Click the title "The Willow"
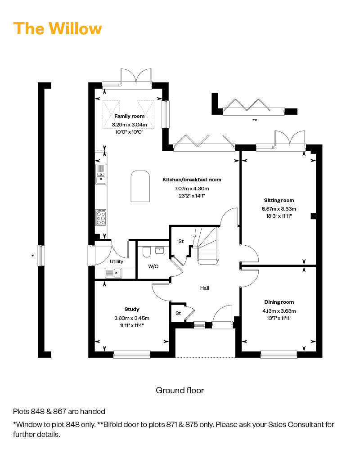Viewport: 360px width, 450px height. (58, 28)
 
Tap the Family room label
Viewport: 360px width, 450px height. (129, 116)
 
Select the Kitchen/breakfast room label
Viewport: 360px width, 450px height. (192, 180)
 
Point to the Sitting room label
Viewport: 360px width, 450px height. (279, 200)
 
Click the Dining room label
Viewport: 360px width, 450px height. (279, 302)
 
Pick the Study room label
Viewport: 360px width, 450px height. (132, 309)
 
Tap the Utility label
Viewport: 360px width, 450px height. (116, 261)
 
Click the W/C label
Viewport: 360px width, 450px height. (153, 266)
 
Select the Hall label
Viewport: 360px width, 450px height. (205, 288)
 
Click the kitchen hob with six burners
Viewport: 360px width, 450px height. (101, 217)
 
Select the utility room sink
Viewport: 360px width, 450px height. (113, 273)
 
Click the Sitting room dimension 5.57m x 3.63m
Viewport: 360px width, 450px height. (279, 209)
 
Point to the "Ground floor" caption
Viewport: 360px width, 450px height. (180, 390)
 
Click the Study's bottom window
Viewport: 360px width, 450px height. (131, 355)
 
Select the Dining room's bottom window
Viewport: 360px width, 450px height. (279, 355)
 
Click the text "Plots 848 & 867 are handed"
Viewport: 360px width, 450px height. (59, 411)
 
